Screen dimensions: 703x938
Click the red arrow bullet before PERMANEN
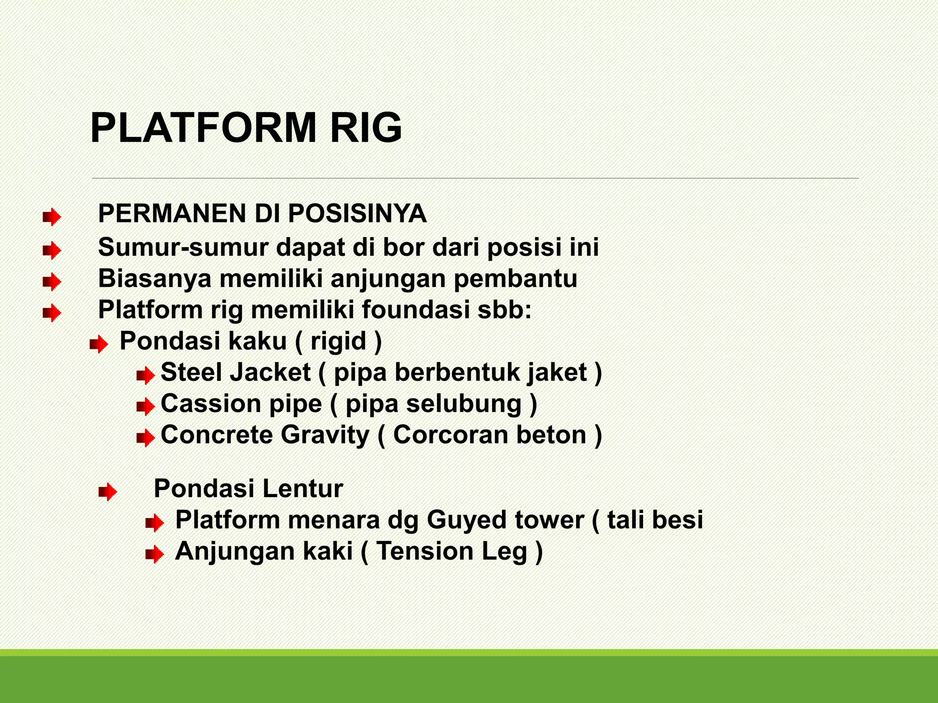(x=52, y=217)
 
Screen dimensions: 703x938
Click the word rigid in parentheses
(x=338, y=341)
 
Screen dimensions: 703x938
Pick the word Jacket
(x=271, y=372)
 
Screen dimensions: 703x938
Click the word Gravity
(x=325, y=435)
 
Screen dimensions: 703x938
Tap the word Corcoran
(x=450, y=435)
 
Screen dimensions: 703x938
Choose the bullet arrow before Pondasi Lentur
(x=108, y=492)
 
